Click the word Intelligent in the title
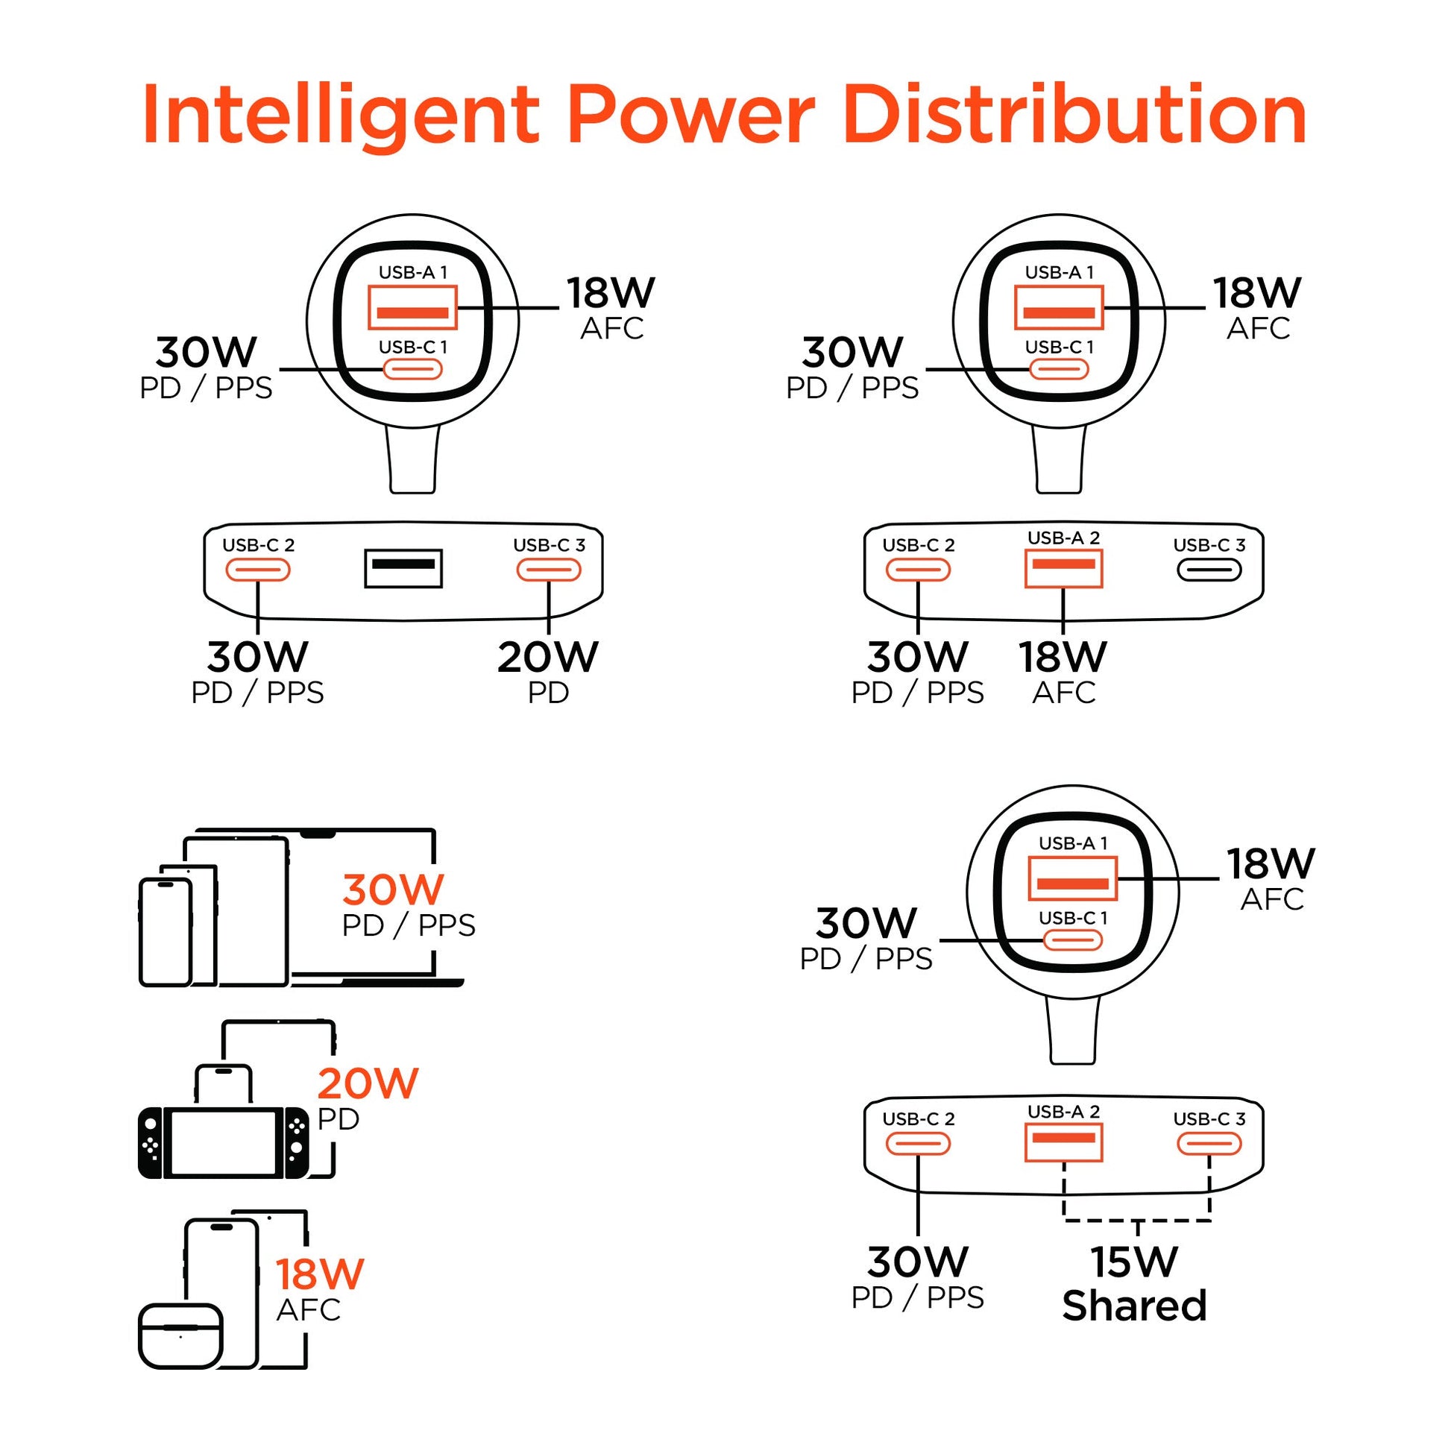340,116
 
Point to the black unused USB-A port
403,567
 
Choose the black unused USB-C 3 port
1209,570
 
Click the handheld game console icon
223,1143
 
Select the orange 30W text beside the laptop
393,890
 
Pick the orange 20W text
368,1083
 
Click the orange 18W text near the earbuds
320,1274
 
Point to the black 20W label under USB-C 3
547,657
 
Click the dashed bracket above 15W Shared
1137,1221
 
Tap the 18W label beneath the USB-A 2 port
1063,657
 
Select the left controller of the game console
150,1143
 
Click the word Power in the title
691,114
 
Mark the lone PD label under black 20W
548,693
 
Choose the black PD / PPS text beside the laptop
409,925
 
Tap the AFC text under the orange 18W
309,1310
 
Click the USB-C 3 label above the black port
1209,545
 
